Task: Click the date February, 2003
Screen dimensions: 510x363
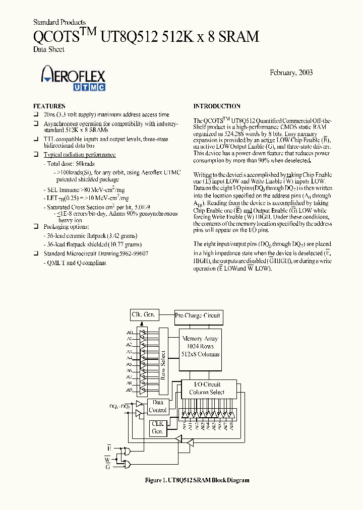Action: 292,73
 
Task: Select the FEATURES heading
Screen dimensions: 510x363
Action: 49,106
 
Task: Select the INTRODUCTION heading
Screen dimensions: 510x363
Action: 217,106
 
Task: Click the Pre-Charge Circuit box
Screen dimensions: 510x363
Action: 198,315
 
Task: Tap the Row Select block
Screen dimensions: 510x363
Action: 162,360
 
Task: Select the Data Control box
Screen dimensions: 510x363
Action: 158,407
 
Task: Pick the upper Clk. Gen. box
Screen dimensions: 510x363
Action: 144,314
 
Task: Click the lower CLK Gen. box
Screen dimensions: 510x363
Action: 158,428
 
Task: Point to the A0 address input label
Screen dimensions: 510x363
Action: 129,333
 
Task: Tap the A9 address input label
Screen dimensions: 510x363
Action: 129,390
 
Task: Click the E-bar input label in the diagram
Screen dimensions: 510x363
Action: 109,448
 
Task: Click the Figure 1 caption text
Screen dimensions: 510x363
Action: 197,480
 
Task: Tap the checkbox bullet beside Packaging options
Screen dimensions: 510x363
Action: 36,227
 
